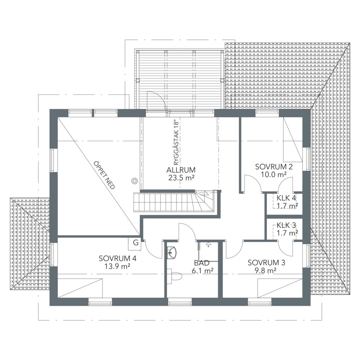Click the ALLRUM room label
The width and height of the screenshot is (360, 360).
[x=181, y=170]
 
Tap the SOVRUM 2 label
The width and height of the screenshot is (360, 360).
[x=274, y=167]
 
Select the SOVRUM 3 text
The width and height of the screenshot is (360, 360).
[x=266, y=263]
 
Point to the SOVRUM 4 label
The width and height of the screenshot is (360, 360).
[x=117, y=258]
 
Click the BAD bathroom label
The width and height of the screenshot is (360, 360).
[x=201, y=263]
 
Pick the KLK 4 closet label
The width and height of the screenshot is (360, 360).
[x=286, y=198]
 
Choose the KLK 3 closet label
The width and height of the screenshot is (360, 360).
[x=286, y=225]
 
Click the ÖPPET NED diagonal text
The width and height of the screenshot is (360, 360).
[x=104, y=175]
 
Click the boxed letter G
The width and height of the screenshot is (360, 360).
[x=136, y=243]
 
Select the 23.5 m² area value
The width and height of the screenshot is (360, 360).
[x=181, y=178]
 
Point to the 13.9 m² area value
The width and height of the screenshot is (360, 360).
[x=117, y=266]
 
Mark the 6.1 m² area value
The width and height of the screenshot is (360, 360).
[x=202, y=271]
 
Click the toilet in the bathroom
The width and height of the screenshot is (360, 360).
[x=175, y=276]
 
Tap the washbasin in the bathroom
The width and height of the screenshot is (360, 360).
[x=172, y=253]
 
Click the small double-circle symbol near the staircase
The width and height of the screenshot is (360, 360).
[x=134, y=181]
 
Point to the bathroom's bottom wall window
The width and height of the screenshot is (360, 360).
[x=180, y=301]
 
